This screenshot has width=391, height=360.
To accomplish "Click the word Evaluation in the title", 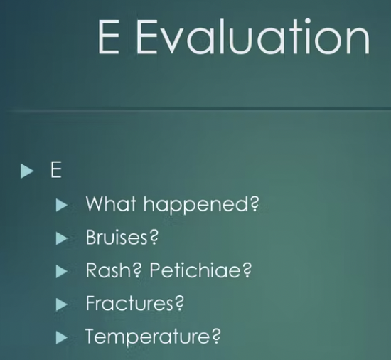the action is click(x=252, y=36).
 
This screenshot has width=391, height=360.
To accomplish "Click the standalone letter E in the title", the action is click(x=109, y=36).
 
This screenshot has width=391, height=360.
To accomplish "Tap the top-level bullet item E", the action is click(x=56, y=169).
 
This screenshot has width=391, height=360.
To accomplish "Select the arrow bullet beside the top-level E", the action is click(x=27, y=171).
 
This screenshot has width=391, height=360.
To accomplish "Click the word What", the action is click(x=111, y=203).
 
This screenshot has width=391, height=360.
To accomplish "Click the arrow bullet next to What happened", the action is click(x=62, y=205).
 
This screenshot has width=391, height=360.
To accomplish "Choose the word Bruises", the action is click(x=117, y=237).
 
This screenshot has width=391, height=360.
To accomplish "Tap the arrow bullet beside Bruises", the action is click(x=62, y=238).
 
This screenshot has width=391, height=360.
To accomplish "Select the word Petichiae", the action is click(x=196, y=270).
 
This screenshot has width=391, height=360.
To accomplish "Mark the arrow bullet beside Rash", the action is click(x=62, y=271).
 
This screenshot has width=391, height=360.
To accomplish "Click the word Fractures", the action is click(x=129, y=303).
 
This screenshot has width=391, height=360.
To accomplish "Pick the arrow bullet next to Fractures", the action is click(x=62, y=305).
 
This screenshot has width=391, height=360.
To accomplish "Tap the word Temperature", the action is click(x=148, y=337).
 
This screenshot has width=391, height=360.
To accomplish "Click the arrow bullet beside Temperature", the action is click(x=62, y=337).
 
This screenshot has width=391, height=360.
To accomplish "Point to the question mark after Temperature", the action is click(x=216, y=336).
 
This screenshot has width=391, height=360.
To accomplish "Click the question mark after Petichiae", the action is click(x=247, y=270).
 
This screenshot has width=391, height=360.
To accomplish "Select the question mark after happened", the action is click(x=255, y=203).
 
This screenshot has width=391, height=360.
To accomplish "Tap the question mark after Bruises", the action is click(x=154, y=237).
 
